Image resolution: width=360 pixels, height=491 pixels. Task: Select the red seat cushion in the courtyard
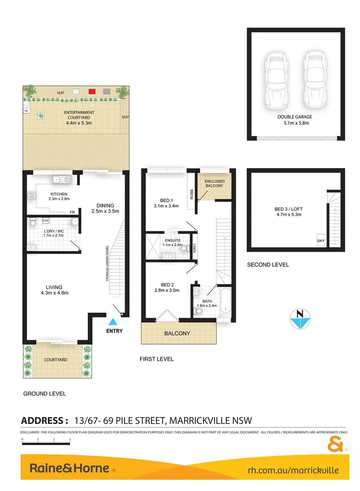(92, 92)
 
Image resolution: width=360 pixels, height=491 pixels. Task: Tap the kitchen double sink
(61, 179)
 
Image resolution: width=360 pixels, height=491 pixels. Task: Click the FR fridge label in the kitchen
(73, 212)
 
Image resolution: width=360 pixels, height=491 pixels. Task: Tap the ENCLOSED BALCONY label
(214, 183)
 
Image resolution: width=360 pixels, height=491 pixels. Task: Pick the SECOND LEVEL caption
(267, 265)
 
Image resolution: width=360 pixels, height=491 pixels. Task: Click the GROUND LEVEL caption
(45, 393)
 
